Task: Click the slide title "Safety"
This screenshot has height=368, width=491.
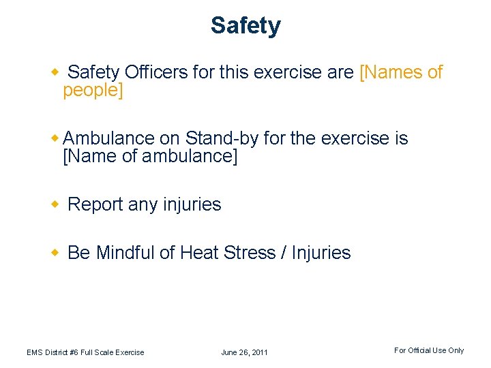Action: click(x=245, y=26)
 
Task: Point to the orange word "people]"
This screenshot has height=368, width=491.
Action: click(x=93, y=91)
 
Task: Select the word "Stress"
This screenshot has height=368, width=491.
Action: click(x=250, y=253)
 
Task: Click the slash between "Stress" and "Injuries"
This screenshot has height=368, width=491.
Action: click(x=283, y=253)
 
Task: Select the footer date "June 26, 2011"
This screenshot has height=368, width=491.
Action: click(x=244, y=352)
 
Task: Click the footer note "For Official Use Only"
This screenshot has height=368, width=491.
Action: click(x=429, y=350)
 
